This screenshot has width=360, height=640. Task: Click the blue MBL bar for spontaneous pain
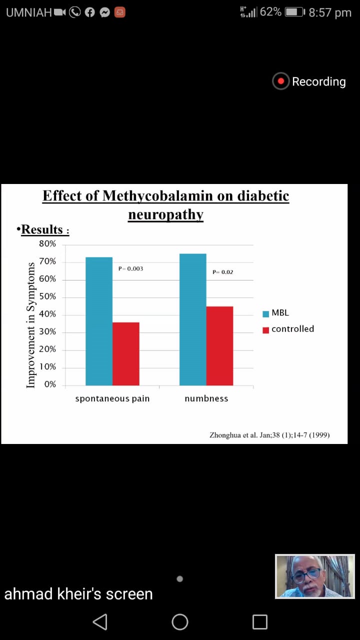[99, 321]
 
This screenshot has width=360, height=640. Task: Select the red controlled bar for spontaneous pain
[125, 353]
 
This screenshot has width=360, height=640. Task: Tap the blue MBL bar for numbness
[193, 319]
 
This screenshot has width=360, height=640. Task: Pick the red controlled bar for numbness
[219, 345]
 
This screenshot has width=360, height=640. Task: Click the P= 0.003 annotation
[130, 268]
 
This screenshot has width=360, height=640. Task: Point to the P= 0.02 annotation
[222, 272]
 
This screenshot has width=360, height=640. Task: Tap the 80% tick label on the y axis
[47, 244]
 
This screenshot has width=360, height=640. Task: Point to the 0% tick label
[49, 384]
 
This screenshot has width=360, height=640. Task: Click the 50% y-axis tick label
[47, 297]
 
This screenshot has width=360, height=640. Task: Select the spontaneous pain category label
[112, 398]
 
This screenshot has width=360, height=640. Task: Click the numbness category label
[206, 398]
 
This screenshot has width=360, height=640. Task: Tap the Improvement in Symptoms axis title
[31, 325]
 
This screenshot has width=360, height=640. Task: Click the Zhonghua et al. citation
[269, 435]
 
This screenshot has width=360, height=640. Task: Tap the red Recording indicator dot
[281, 81]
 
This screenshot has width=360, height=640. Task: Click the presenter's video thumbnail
[314, 576]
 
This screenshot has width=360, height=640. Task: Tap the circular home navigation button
[180, 621]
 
